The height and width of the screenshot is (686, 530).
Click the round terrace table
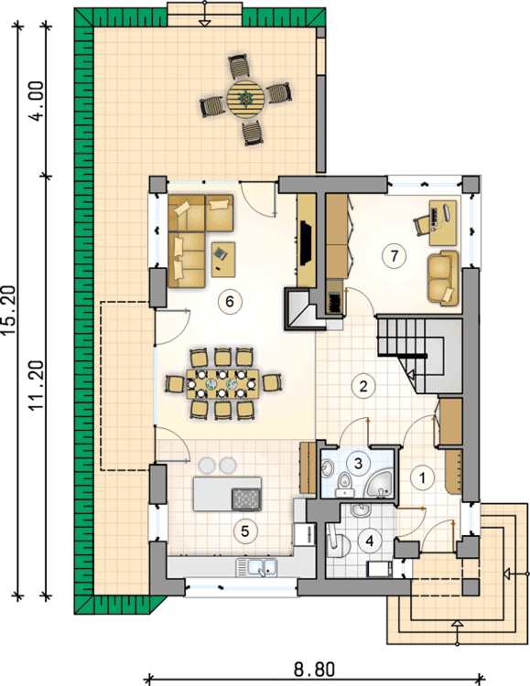pos(245,95)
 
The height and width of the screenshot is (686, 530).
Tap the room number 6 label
pos(230,299)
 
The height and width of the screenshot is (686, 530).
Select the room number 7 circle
pos(394,256)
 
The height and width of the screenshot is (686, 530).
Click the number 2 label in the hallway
pos(363,385)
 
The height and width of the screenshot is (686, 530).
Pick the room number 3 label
pos(361,464)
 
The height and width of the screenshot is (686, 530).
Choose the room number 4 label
pos(370,539)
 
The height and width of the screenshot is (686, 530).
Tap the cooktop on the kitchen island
pos(245,498)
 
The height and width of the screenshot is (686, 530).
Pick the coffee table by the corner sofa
pos(223,257)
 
